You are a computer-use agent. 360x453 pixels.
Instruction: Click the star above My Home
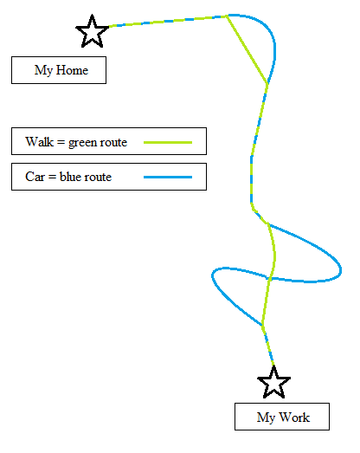92,32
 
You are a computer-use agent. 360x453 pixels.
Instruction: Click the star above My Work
273,383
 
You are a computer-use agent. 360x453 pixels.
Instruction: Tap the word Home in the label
72,70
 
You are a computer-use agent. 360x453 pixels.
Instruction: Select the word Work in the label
294,417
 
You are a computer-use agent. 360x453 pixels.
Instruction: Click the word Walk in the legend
39,142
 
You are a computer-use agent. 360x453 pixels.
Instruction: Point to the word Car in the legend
35,177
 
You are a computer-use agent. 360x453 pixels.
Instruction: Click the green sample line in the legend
168,142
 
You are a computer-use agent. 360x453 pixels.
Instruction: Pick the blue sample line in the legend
168,177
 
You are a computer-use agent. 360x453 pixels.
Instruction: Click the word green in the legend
82,143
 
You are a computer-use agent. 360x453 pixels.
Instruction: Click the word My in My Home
43,71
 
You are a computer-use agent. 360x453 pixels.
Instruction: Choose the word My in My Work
266,417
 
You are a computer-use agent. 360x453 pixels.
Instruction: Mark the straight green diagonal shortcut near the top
247,49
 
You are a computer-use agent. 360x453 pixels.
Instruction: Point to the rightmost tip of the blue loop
341,270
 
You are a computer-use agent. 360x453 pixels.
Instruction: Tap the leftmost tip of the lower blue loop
212,276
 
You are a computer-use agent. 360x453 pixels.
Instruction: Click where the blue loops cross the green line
269,279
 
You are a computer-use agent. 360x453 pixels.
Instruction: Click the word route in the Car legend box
98,177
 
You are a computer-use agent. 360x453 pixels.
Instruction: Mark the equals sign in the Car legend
52,177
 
